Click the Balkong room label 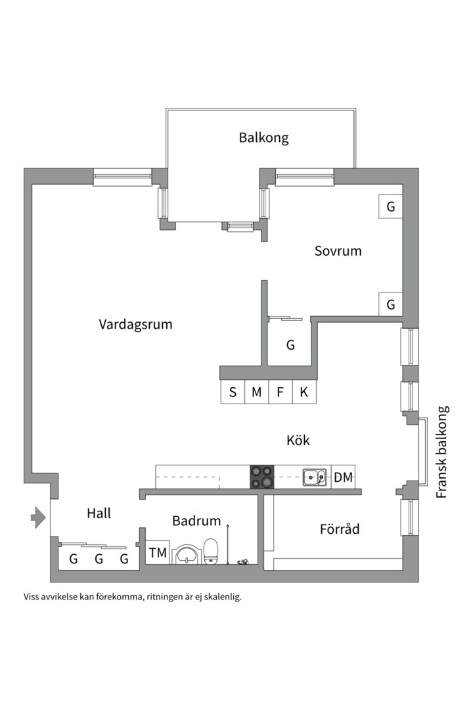pos(263,138)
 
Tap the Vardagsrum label pos(135,324)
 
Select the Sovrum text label pos(338,250)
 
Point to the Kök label pos(298,440)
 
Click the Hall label pos(99,513)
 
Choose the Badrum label pos(196,521)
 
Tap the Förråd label pos(340,529)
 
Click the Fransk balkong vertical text pos(442,451)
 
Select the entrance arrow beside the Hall pos(38,518)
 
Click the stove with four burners pos(261,477)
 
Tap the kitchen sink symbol pos(315,477)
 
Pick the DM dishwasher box pos(343,477)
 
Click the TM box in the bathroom pos(158,553)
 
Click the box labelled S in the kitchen pos(233,392)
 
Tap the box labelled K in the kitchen pos(304,392)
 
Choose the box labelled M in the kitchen pos(256,392)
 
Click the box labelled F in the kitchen pos(280,392)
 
